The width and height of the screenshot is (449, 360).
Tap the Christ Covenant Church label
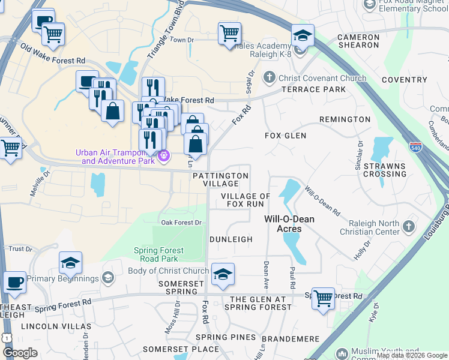tap(321, 78)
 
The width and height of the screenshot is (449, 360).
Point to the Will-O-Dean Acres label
tap(289, 224)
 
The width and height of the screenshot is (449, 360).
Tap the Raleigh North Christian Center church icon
tap(409, 226)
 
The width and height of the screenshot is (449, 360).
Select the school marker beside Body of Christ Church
tap(223, 274)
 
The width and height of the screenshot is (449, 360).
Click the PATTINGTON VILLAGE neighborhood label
tap(220, 180)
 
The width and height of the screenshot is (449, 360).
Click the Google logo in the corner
tap(20, 353)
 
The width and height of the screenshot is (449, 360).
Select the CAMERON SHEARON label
tap(358, 41)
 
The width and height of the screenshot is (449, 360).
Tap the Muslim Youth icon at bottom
tap(342, 353)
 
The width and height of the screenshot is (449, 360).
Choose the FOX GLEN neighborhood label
tap(286, 136)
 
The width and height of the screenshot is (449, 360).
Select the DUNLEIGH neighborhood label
tap(231, 239)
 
